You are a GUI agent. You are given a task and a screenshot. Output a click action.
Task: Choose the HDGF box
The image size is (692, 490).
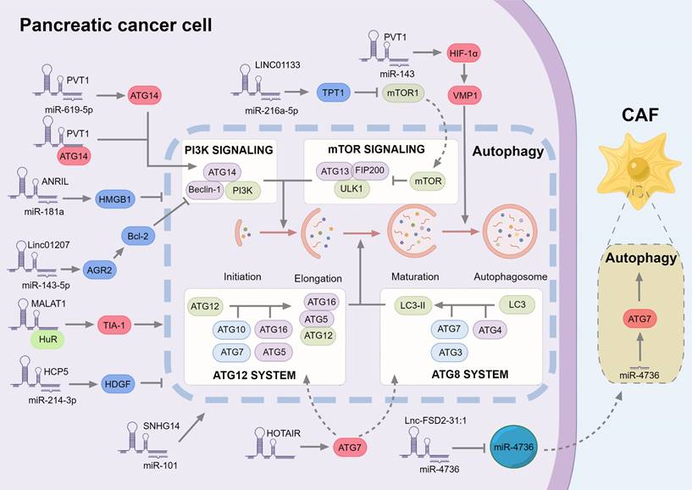[x=119, y=383]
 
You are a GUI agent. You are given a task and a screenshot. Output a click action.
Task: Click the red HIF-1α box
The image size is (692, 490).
[x=464, y=53]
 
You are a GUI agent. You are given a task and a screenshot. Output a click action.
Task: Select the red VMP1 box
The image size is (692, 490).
[x=464, y=96]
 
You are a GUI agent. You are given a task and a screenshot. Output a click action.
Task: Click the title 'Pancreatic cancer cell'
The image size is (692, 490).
[x=116, y=25]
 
